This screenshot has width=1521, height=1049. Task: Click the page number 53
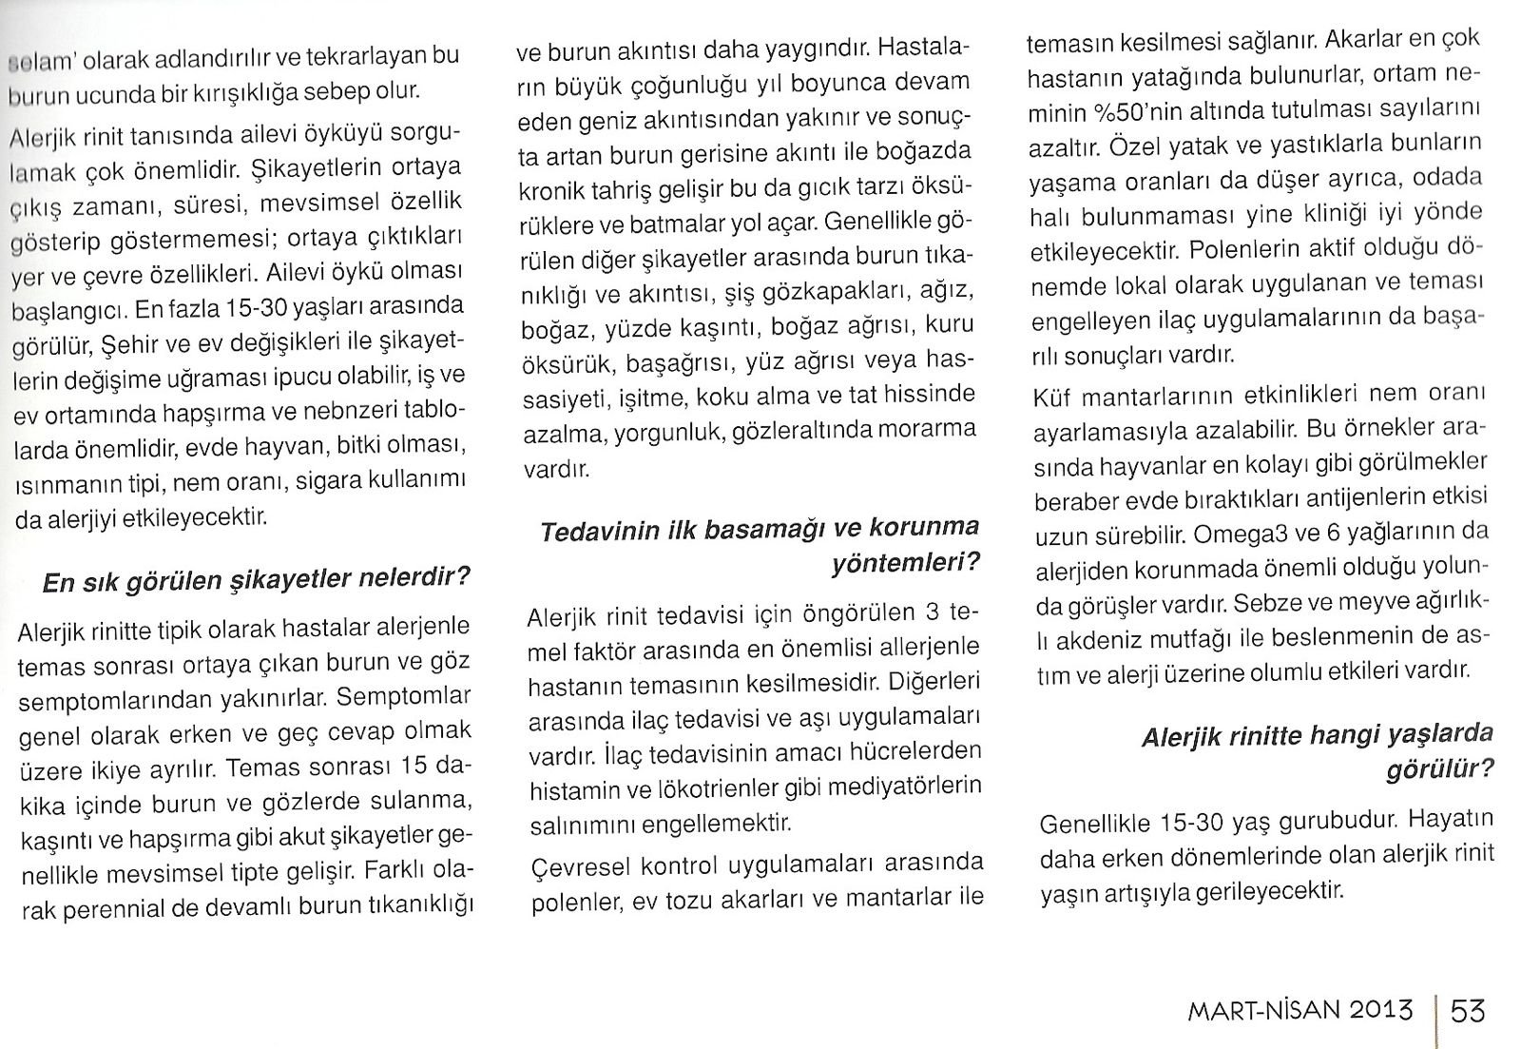click(1468, 1009)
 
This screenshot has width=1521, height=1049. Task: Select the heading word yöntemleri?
click(904, 563)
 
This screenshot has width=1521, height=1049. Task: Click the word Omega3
click(1242, 534)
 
